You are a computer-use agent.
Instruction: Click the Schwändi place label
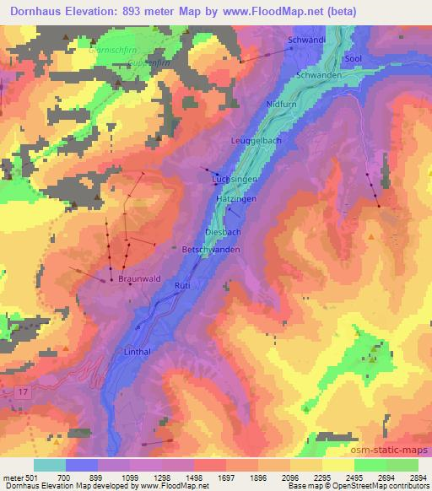click(306, 40)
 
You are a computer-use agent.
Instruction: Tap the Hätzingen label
click(236, 197)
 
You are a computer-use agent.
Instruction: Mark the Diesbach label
click(221, 230)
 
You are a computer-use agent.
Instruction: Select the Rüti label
click(184, 287)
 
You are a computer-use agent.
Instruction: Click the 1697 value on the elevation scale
click(226, 477)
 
